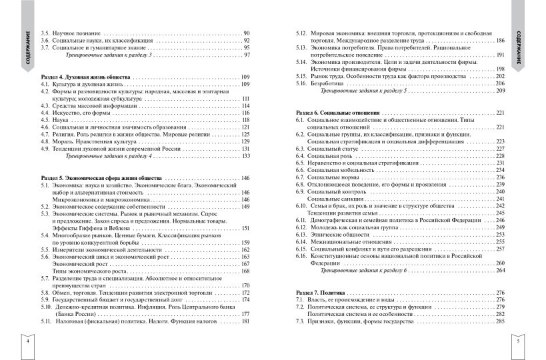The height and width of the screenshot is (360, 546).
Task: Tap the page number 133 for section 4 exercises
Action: click(x=245, y=156)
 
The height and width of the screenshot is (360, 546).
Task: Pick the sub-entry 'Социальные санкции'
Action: click(x=335, y=199)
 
